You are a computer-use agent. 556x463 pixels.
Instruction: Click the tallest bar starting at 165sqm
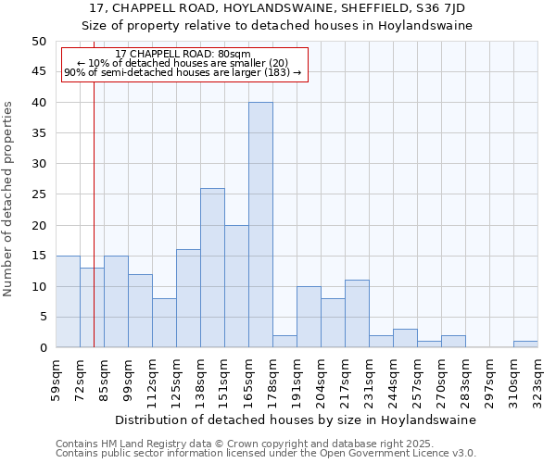260,225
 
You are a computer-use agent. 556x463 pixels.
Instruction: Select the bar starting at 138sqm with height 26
212,269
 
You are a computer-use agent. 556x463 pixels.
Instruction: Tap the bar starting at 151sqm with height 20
236,287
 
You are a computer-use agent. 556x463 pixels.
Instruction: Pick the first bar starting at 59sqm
68,302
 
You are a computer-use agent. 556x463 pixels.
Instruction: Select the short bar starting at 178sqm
284,342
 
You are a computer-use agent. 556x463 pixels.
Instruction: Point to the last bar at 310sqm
525,344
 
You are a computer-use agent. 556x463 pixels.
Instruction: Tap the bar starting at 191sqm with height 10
309,318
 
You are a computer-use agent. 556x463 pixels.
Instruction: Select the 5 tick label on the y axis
42,318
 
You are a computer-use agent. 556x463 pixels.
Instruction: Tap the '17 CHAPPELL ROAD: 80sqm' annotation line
183,55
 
